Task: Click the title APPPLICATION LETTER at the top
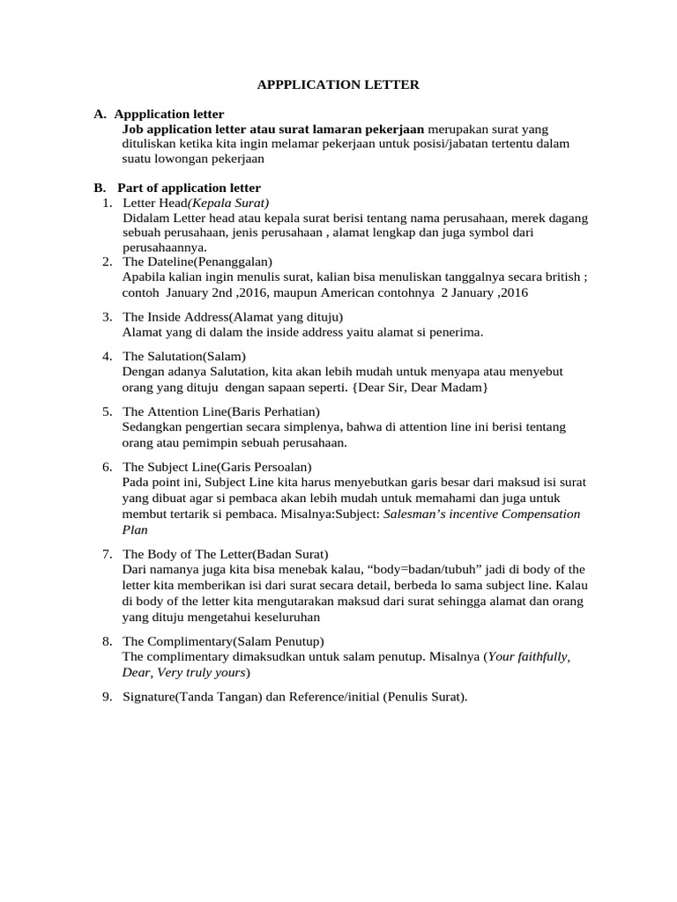(x=338, y=85)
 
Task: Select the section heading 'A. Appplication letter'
(x=159, y=114)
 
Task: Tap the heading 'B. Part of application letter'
(x=177, y=188)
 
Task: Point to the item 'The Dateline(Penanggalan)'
(x=197, y=262)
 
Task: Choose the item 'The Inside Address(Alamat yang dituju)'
(x=233, y=316)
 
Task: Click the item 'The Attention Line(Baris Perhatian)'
(x=221, y=411)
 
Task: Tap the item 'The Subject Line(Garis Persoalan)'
(x=217, y=466)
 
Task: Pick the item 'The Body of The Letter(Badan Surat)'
(x=225, y=554)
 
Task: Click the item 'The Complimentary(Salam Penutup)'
(x=223, y=640)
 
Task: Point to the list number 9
(x=106, y=697)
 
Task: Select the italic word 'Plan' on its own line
(x=135, y=529)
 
